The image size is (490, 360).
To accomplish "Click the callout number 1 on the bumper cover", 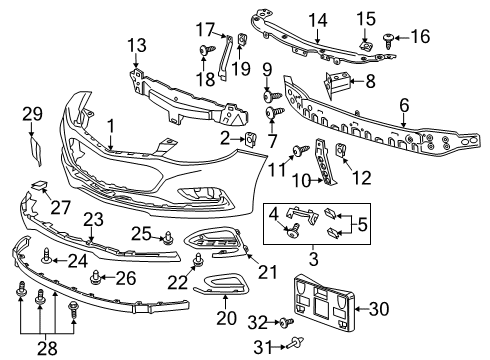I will point(111,126).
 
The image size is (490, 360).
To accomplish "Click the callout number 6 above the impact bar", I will point(404,104).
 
